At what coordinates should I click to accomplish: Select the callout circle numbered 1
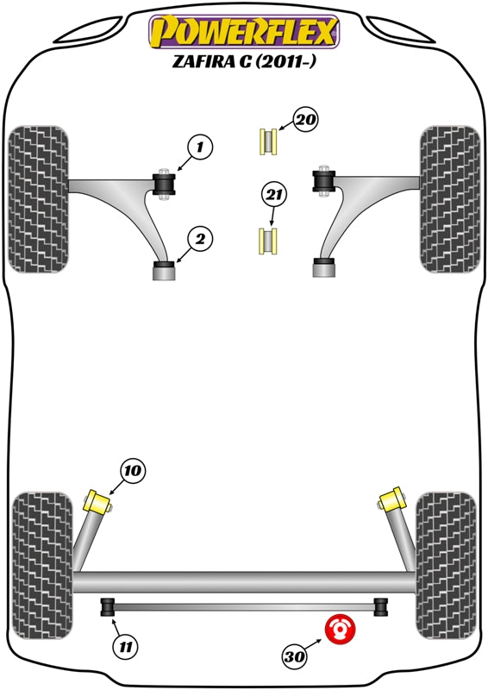[x=198, y=148]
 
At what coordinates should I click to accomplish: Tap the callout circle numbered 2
[x=198, y=238]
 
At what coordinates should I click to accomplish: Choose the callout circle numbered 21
[x=273, y=197]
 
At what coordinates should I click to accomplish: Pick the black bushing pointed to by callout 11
[x=109, y=607]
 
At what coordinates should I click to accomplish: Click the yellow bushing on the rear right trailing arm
[x=391, y=500]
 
